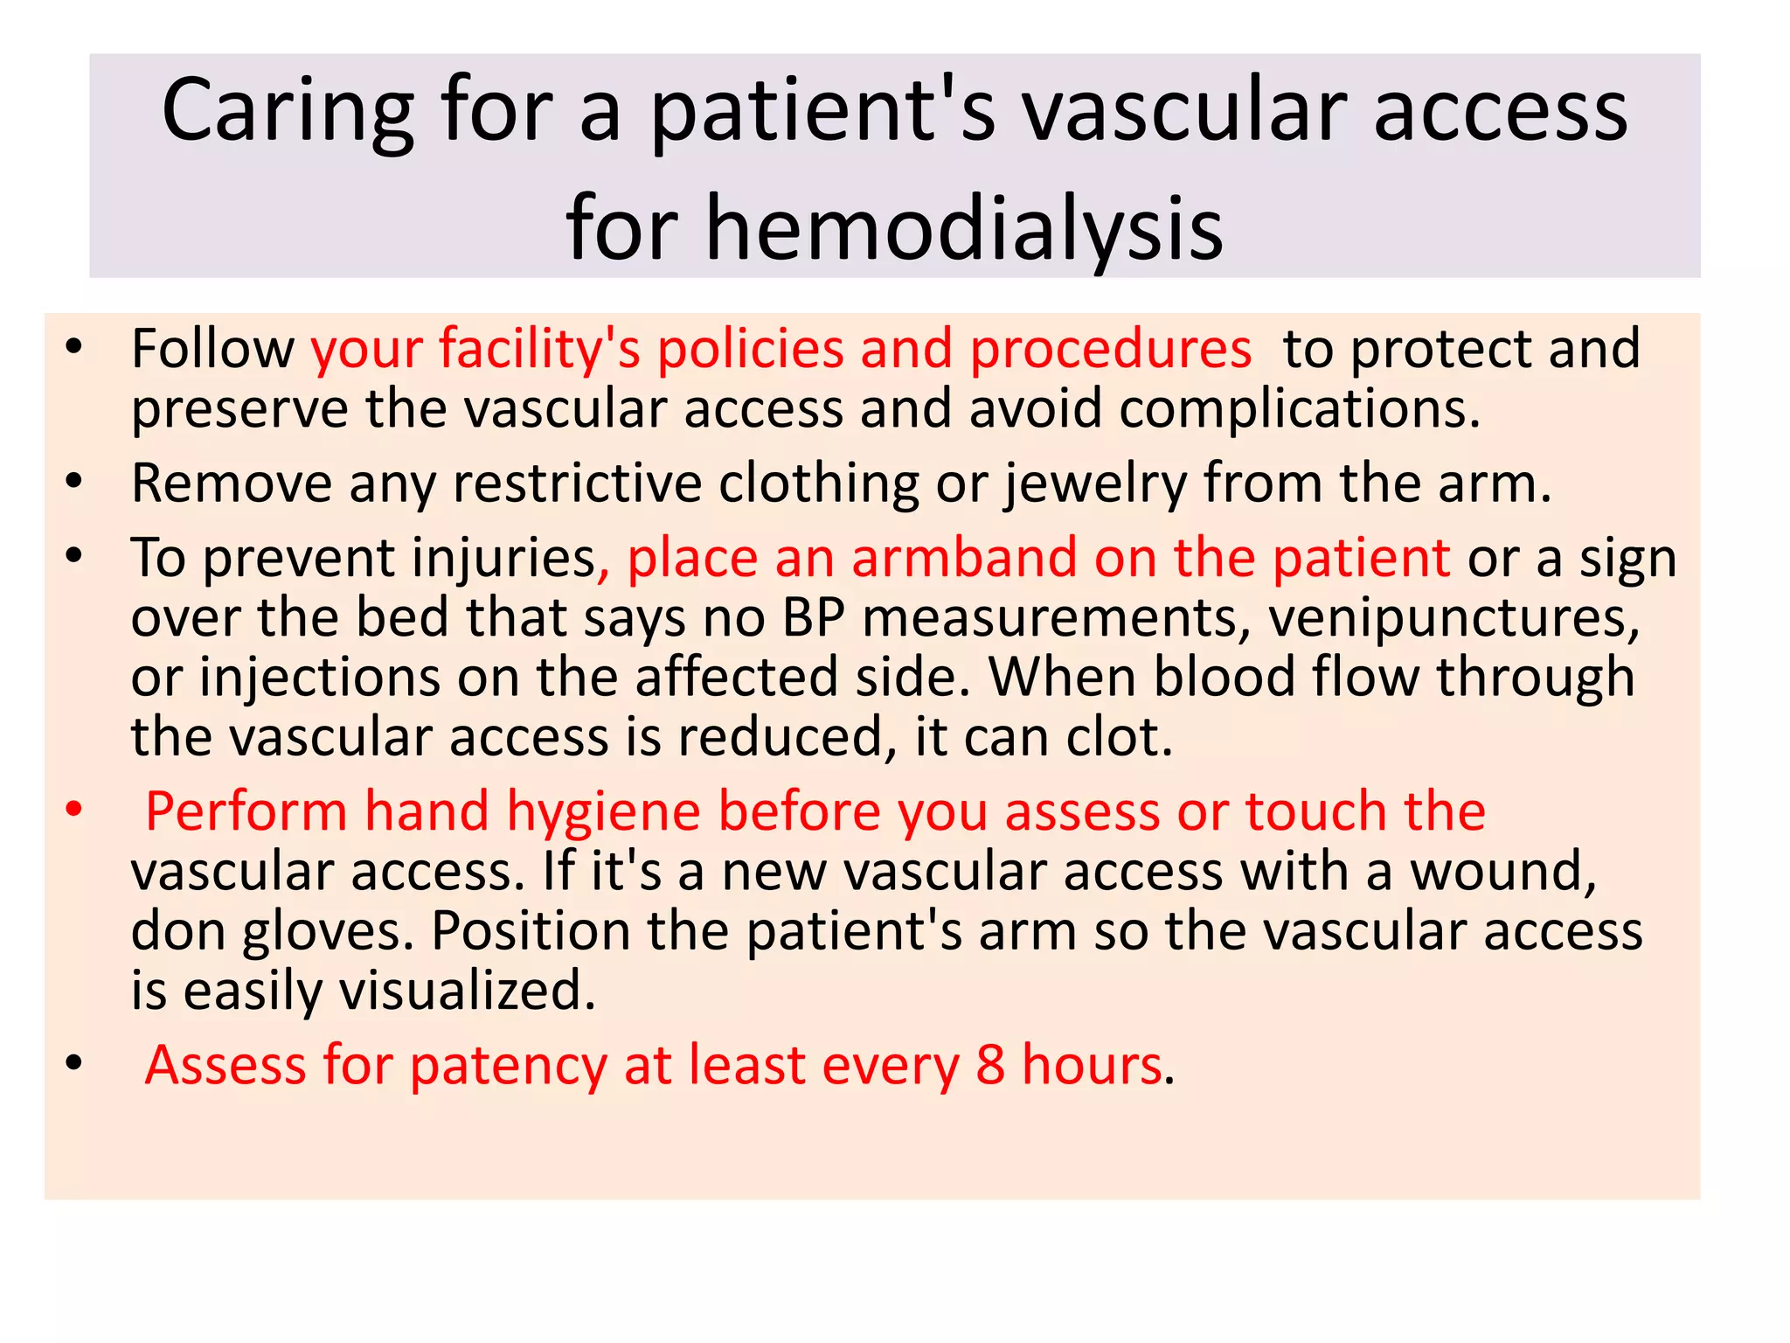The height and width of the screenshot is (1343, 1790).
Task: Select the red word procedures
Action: pos(1110,350)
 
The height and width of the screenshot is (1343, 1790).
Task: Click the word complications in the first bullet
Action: pos(1299,409)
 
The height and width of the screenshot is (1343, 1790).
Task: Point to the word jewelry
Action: pos(1095,484)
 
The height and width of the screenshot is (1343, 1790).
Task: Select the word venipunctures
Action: pos(1454,619)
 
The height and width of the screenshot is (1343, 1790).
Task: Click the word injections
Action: pos(320,678)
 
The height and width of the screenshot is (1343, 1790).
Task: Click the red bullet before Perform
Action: pos(74,811)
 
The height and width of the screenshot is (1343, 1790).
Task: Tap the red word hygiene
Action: pos(603,813)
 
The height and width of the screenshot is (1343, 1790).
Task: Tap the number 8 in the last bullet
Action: pos(989,1065)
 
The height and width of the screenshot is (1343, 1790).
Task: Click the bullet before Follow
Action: pos(74,348)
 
